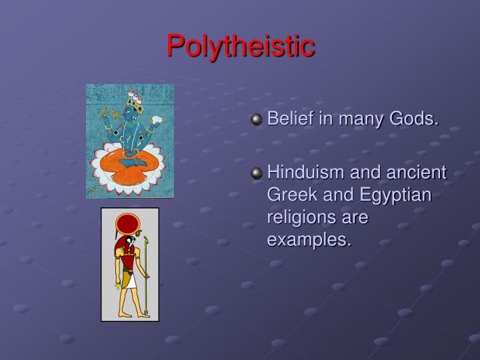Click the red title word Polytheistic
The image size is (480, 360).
click(240, 45)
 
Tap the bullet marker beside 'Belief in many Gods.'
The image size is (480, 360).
click(257, 120)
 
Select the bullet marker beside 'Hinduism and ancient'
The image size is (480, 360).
click(257, 173)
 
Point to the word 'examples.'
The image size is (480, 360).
click(309, 240)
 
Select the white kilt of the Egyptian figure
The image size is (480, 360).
click(129, 279)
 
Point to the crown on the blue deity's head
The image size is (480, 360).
click(135, 100)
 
